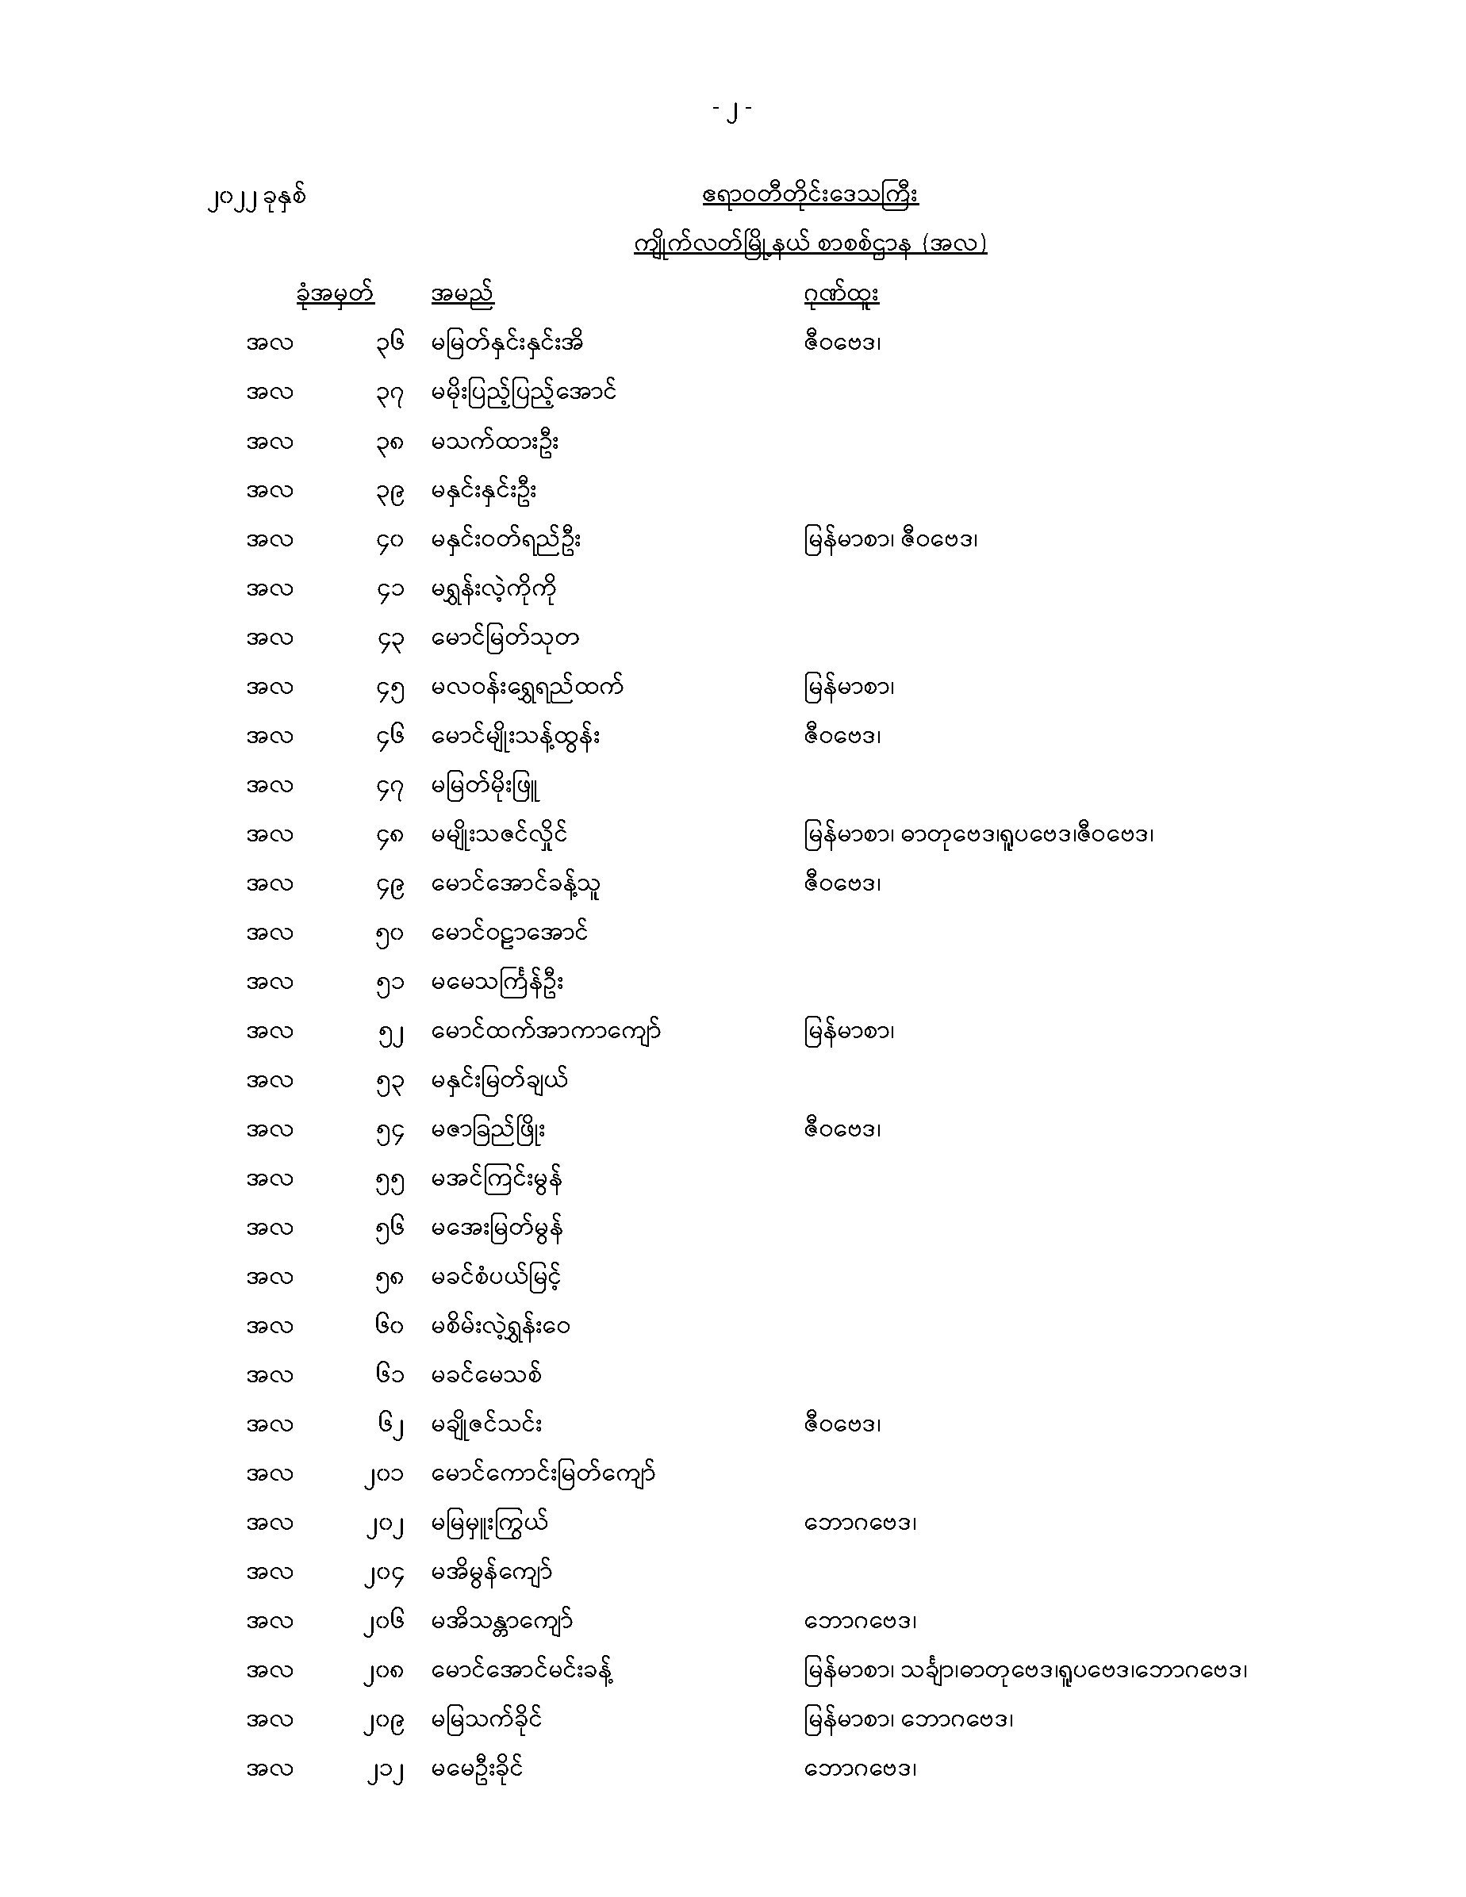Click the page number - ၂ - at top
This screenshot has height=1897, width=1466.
tap(731, 111)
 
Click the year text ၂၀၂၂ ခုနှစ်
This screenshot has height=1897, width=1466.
tap(256, 199)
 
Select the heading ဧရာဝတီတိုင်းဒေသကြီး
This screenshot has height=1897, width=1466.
tap(810, 194)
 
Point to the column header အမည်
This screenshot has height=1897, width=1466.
tap(462, 294)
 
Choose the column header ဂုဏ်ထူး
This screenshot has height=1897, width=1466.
tap(841, 294)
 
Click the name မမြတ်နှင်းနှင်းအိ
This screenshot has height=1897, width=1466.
tap(507, 343)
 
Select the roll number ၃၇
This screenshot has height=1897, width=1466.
tap(390, 393)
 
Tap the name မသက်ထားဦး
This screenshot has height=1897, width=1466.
tap(494, 442)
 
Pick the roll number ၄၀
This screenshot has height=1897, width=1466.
tap(390, 541)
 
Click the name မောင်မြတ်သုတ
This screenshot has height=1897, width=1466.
tap(505, 639)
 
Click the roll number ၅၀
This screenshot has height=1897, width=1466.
tap(390, 934)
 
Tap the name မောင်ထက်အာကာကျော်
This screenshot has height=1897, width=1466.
tap(546, 1033)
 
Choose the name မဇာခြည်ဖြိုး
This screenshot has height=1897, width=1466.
tap(489, 1131)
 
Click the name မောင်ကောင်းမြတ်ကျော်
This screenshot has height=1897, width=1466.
tap(543, 1474)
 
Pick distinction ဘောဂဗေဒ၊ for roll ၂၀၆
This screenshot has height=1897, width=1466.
tap(860, 1622)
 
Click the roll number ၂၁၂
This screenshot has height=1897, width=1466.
tap(384, 1769)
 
